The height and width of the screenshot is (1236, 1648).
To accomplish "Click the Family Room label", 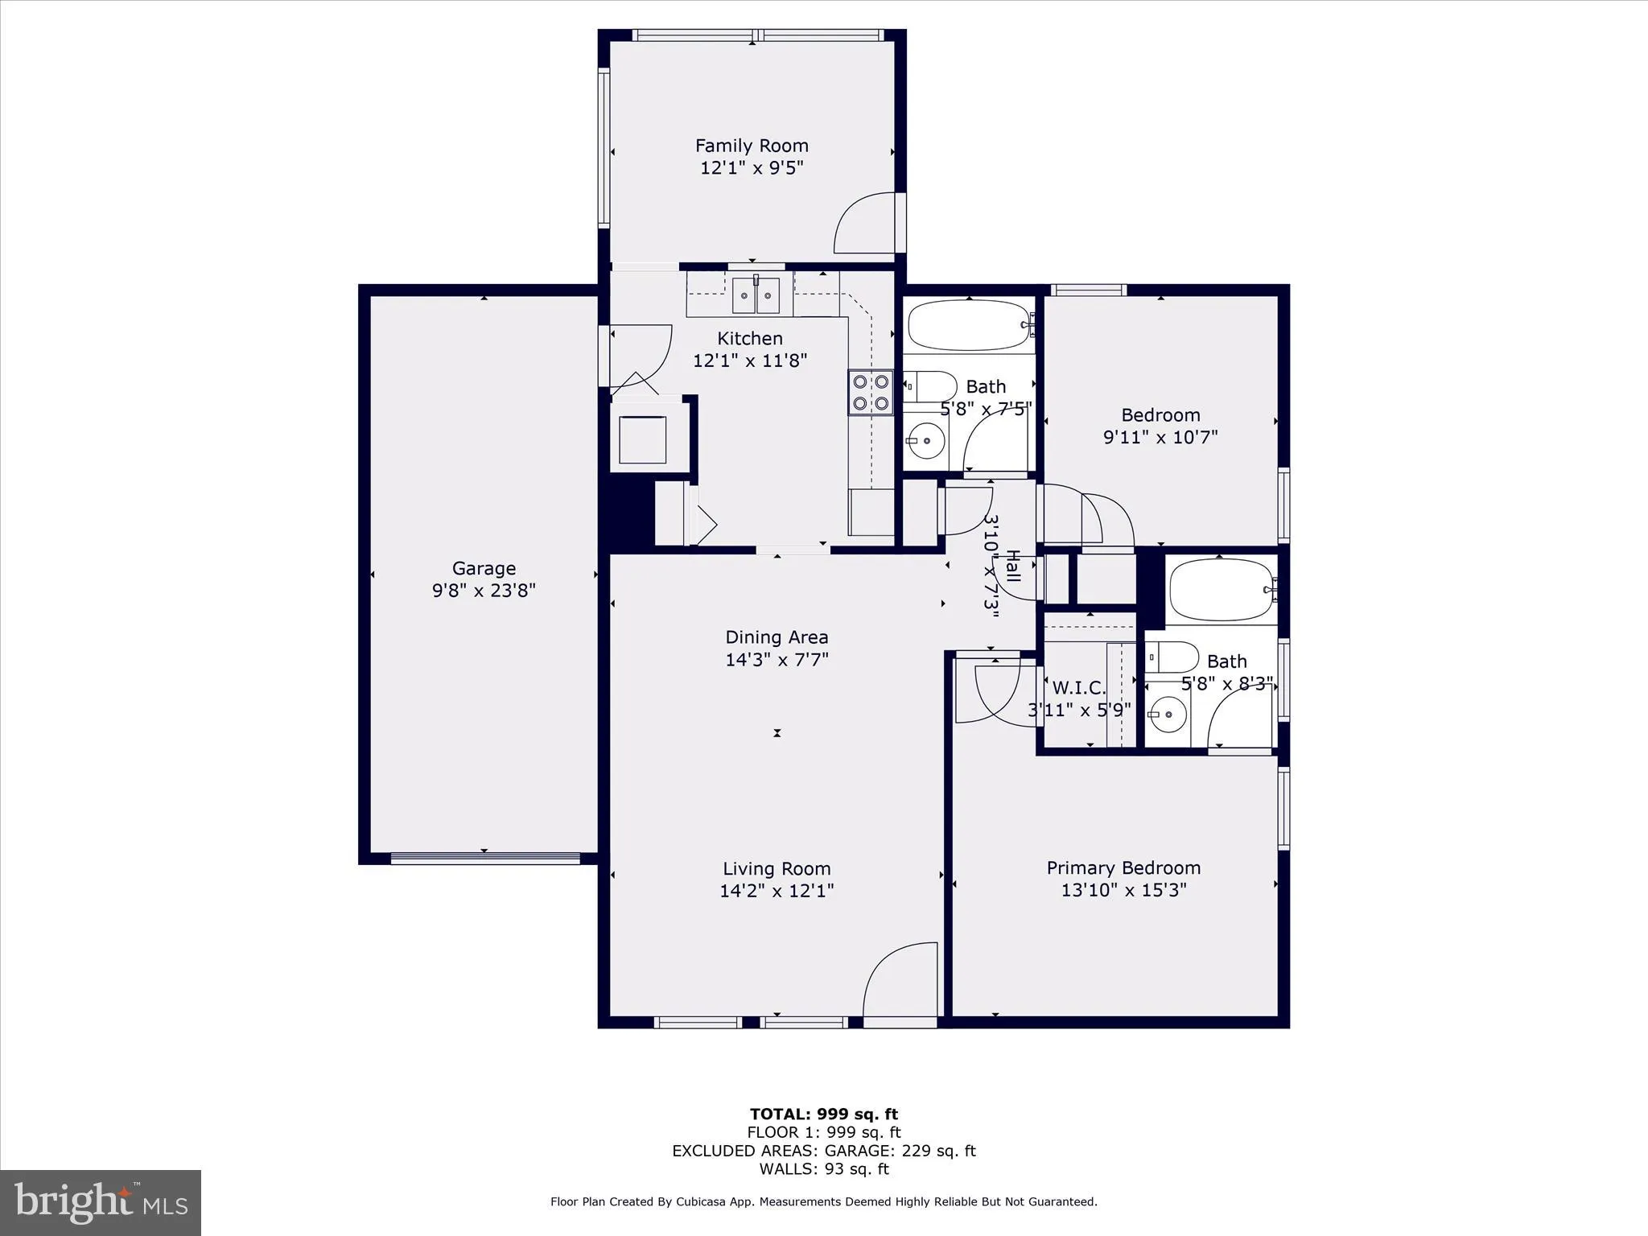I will tap(752, 146).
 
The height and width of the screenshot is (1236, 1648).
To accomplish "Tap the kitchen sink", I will tap(756, 295).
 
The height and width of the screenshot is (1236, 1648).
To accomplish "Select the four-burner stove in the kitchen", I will tap(871, 392).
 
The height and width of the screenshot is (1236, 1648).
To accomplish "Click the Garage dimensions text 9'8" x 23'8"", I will tap(484, 591).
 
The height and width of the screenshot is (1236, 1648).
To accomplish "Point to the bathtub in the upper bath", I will tap(969, 325).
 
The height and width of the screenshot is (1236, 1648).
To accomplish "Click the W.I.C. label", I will tap(1079, 688).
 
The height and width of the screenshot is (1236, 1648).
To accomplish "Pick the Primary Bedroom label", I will tap(1123, 868).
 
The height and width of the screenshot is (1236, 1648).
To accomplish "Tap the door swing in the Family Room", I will tap(867, 225).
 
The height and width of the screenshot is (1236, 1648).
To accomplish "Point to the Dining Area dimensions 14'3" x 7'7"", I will tap(777, 660).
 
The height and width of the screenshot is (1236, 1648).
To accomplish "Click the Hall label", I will tap(1013, 566).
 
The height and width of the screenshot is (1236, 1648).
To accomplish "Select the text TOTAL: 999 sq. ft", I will tap(823, 1114).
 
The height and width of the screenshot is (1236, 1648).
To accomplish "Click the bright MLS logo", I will tap(100, 1202).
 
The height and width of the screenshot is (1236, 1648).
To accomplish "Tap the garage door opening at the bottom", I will tap(484, 858).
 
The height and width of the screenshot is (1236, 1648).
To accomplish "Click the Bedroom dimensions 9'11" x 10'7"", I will tap(1160, 438).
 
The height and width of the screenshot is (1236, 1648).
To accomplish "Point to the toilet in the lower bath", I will tap(1171, 657).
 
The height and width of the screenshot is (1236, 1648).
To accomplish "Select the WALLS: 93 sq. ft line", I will tap(823, 1169).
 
